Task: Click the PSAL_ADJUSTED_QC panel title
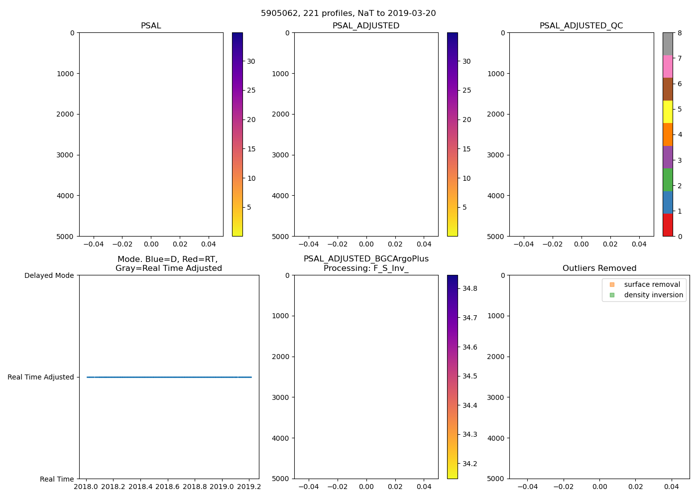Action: [x=581, y=26]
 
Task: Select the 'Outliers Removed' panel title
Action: [x=599, y=268]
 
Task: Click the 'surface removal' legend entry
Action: [x=652, y=284]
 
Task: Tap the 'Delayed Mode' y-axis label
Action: [x=49, y=275]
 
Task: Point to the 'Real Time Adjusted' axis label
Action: [x=41, y=377]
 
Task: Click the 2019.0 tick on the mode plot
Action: [x=222, y=486]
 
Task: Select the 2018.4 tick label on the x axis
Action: [x=140, y=486]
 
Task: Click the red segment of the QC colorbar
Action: [x=668, y=225]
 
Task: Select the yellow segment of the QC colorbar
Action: [x=668, y=112]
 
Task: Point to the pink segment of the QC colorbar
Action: [x=668, y=66]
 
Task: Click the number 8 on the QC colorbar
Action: [x=680, y=33]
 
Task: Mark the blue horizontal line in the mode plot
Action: [x=169, y=377]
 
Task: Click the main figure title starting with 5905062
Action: [x=348, y=13]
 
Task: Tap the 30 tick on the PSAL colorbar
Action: [x=251, y=61]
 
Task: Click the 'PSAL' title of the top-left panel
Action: [x=151, y=26]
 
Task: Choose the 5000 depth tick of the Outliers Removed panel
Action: [x=496, y=479]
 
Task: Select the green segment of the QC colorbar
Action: [x=668, y=180]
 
